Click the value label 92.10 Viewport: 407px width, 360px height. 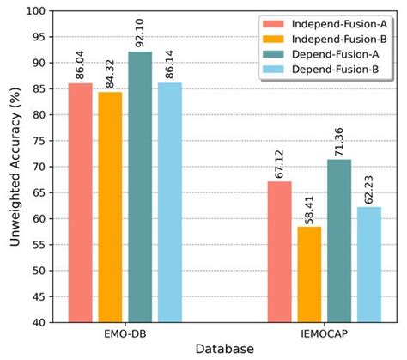click(140, 33)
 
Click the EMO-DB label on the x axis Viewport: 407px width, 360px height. click(125, 331)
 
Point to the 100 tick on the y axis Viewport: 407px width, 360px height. click(37, 11)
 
